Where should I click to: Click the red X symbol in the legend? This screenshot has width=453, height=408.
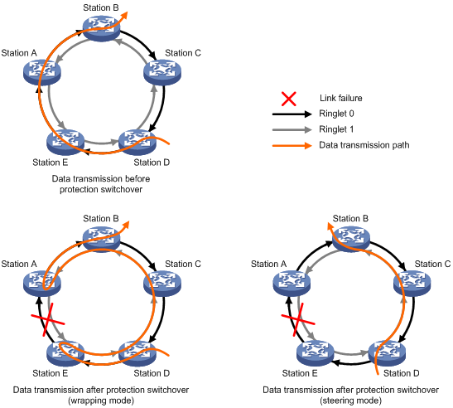[289, 99]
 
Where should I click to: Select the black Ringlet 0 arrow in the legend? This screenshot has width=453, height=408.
[292, 114]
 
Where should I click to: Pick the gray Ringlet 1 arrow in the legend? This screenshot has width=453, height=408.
[292, 129]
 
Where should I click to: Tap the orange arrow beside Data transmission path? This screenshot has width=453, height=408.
[292, 145]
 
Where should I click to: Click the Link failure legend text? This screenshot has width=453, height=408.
[341, 98]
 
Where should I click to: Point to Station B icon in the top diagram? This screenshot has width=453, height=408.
[101, 28]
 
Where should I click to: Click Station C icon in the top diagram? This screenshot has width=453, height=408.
[162, 72]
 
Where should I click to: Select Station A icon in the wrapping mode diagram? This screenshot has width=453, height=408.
[42, 284]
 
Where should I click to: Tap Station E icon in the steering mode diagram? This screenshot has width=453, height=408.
[316, 353]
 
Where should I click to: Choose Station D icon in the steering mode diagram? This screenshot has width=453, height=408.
[387, 353]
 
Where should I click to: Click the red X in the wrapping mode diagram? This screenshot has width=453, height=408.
[48, 320]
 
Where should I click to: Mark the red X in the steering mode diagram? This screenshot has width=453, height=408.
[298, 320]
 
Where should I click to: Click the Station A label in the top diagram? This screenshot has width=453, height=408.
[19, 53]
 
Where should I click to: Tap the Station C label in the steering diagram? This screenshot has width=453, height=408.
[432, 264]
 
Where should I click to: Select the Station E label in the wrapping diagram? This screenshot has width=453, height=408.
[51, 373]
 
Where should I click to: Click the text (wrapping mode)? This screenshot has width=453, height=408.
[101, 401]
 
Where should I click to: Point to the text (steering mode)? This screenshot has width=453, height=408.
[351, 401]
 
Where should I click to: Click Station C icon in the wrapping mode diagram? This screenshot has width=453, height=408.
[162, 284]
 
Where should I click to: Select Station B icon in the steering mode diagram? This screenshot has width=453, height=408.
[351, 239]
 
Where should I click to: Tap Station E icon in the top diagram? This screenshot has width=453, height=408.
[65, 142]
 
